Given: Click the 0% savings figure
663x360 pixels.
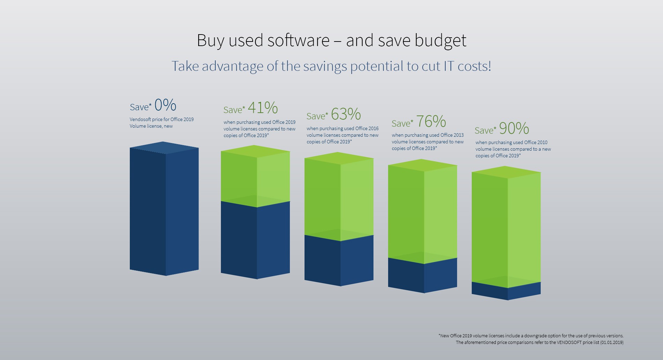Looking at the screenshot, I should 165,105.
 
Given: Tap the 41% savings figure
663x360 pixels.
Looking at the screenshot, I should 262,107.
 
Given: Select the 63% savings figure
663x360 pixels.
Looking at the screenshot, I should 345,114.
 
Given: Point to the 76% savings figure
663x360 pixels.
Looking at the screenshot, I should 431,121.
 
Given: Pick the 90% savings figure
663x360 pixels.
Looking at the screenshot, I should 514,128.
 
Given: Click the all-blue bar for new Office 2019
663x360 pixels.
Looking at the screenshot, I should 164,209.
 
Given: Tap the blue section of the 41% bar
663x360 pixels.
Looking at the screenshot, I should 255,241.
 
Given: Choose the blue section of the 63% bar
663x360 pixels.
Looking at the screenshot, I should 339,262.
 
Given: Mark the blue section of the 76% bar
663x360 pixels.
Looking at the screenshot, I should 423,276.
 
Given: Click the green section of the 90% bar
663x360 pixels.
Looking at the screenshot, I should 506,227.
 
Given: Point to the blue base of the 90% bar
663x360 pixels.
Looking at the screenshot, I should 506,292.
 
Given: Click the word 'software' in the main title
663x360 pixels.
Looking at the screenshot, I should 298,40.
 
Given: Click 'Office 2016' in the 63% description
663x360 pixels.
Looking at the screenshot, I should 366,128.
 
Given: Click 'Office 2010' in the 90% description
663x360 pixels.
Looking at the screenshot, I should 536,142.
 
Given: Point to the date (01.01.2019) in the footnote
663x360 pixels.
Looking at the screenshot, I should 611,342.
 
